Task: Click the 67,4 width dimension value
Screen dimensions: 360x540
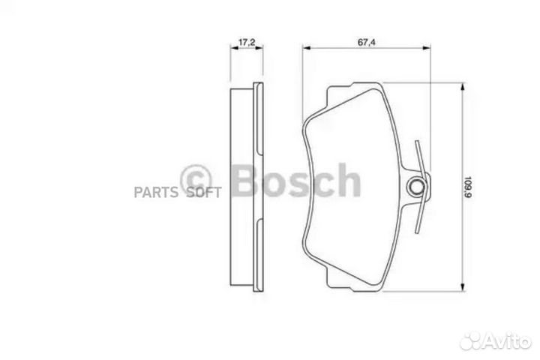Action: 367,42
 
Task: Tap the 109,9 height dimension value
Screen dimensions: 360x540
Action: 467,188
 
